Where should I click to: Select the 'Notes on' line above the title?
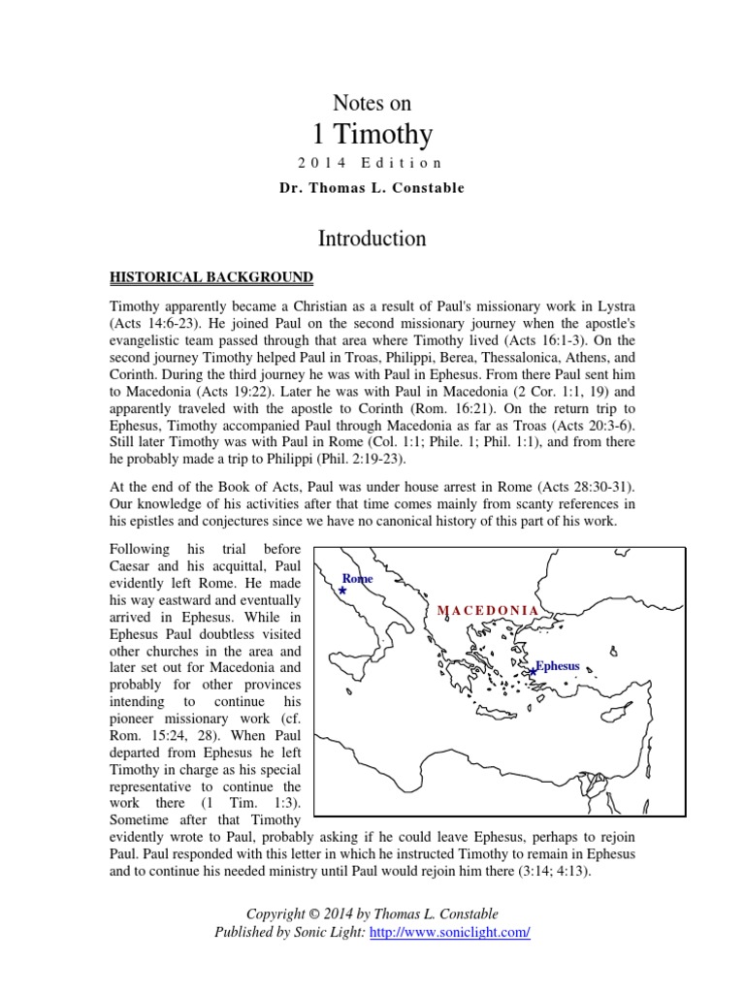372,103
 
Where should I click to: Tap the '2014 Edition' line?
372,163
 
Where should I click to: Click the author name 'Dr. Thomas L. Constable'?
372,188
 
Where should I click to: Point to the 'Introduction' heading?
372,238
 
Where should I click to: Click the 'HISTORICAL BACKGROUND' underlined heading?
211,278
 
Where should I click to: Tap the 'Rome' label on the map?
357,578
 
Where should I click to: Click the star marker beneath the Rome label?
342,590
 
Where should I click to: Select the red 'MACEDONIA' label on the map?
488,610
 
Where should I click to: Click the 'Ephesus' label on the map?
558,666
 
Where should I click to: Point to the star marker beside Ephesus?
532,671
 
